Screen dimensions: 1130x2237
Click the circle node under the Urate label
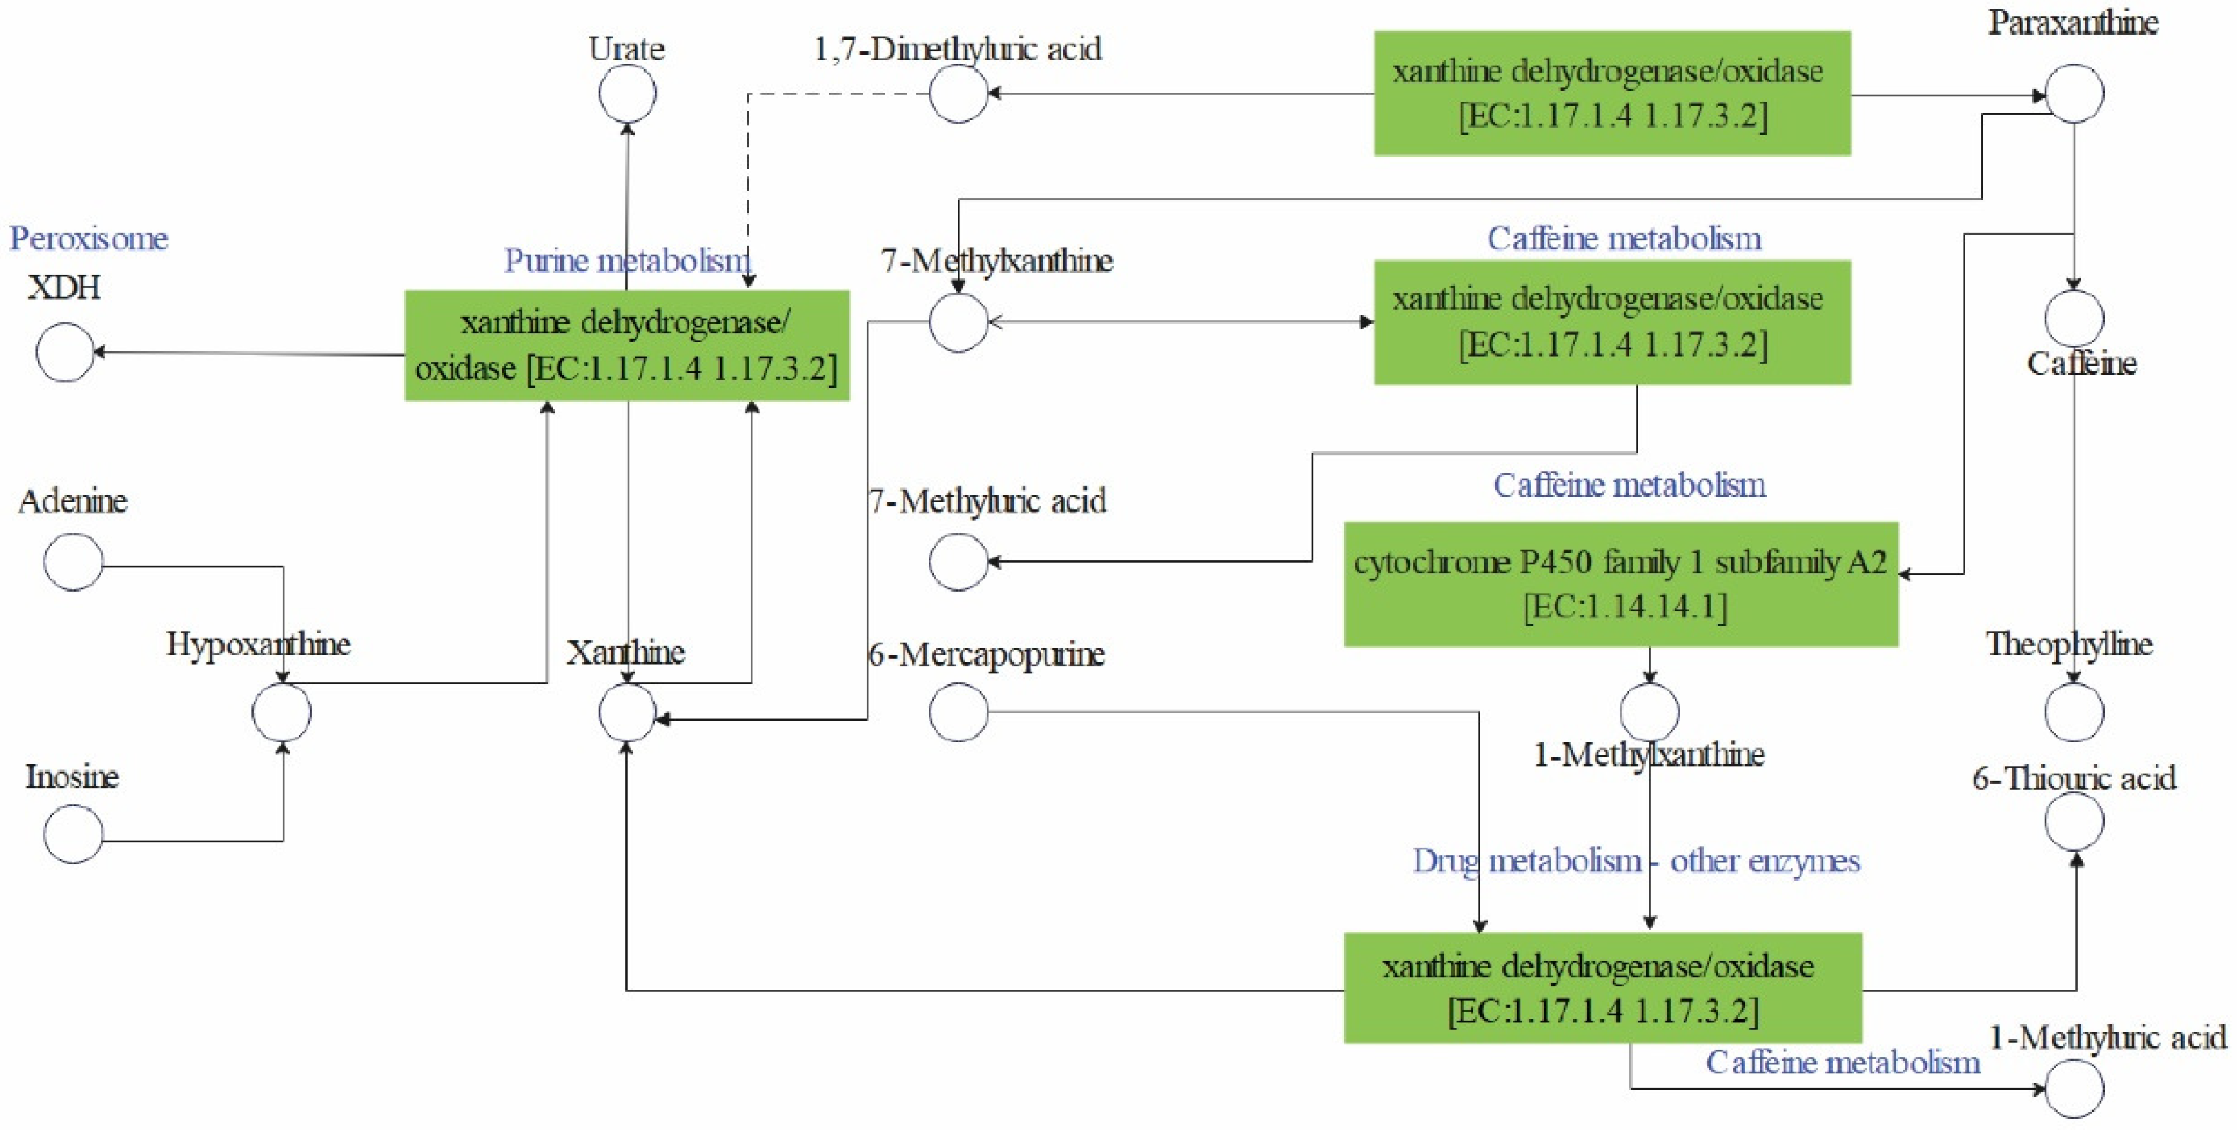coord(627,93)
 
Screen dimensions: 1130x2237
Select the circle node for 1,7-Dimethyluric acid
coord(958,93)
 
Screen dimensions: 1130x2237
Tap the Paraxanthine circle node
coord(2075,93)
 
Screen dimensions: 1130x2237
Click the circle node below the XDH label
coord(64,352)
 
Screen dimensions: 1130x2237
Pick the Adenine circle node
coord(73,561)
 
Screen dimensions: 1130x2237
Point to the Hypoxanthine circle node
coord(281,712)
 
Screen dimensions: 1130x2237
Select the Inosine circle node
coord(73,833)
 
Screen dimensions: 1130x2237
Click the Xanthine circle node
coord(627,712)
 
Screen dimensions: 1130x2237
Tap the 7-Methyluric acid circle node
coord(958,561)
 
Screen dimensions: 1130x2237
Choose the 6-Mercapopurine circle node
coord(958,712)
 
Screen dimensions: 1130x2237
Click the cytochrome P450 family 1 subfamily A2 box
coord(1621,584)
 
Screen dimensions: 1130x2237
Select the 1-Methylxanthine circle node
coord(1649,712)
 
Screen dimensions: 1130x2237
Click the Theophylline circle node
coord(2075,712)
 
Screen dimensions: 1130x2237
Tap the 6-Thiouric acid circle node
coord(2075,821)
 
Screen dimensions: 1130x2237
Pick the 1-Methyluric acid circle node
coord(2075,1088)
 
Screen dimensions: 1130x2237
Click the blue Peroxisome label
coord(89,238)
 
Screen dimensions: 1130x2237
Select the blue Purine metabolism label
coord(627,260)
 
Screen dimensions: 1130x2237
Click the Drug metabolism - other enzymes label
coord(1636,861)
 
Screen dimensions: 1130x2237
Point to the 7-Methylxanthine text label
coord(997,260)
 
